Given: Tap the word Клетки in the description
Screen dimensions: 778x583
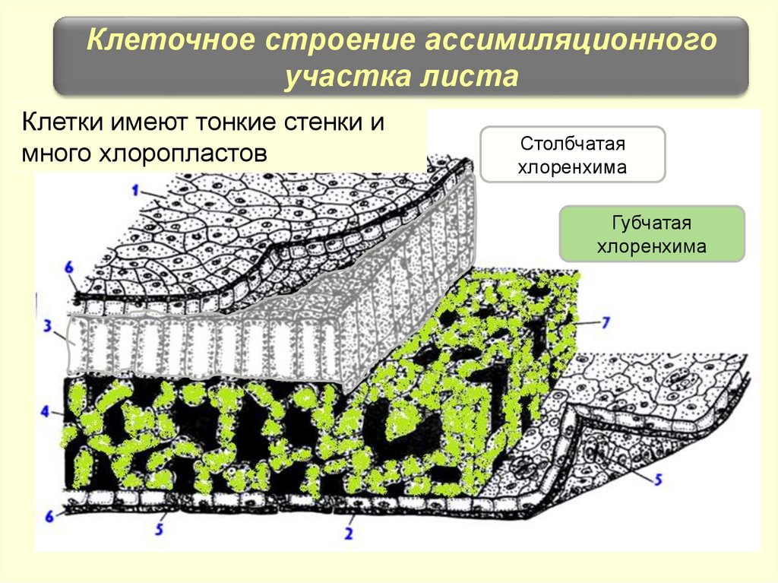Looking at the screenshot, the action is (x=63, y=122).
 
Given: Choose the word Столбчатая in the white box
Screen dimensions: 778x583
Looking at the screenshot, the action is (x=572, y=144).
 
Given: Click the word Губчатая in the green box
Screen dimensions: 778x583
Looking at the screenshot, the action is (x=651, y=224).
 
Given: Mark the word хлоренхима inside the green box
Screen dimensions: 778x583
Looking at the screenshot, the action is (x=651, y=246).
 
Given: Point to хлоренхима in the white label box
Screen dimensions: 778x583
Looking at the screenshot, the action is (x=572, y=166).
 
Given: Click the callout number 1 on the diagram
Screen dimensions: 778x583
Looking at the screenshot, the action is (x=135, y=187).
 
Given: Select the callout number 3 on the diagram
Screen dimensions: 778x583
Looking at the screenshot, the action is (x=47, y=328).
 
